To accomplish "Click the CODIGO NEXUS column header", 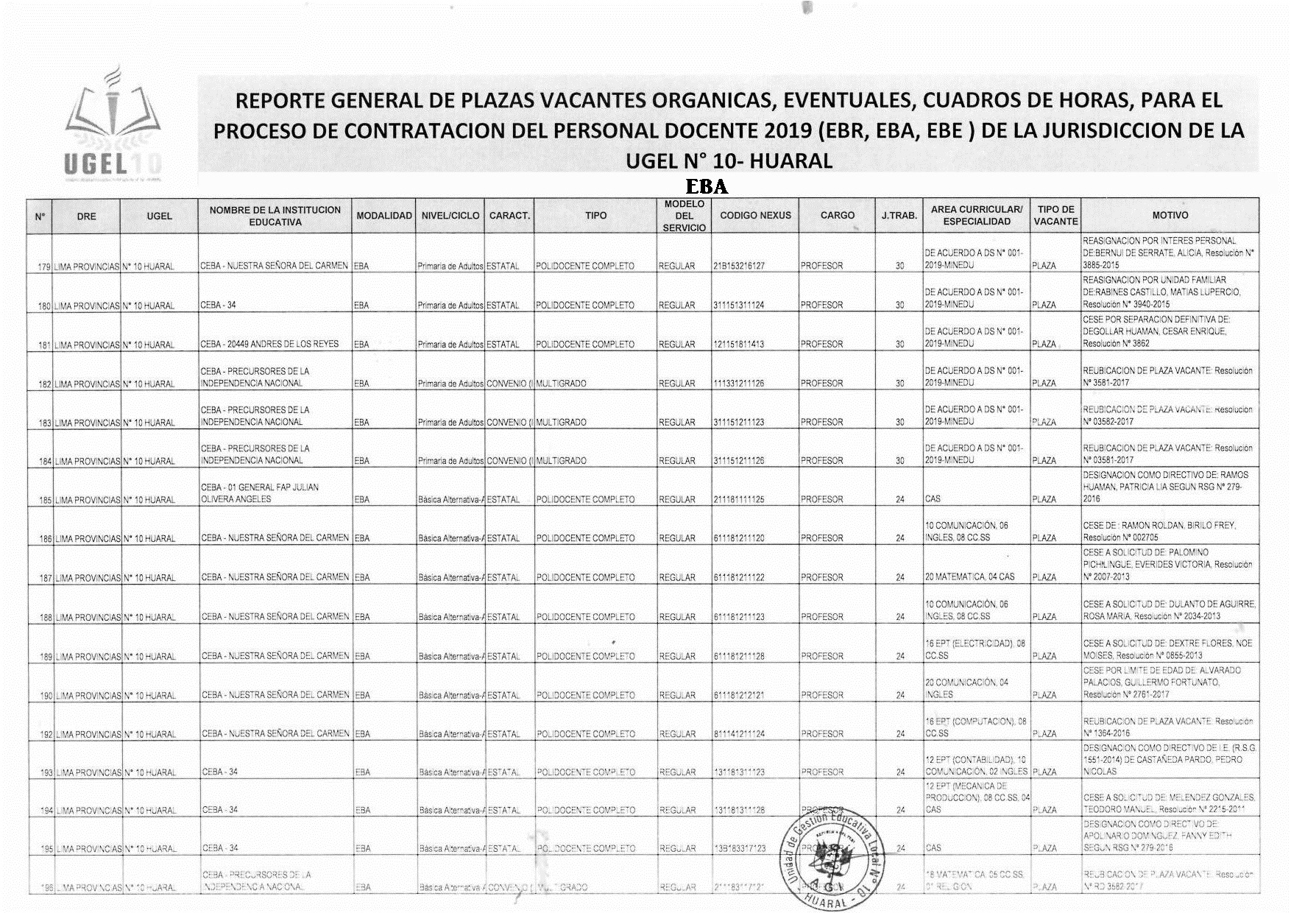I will click(755, 216).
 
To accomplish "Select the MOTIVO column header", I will click(1170, 216).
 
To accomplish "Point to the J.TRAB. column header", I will click(899, 216).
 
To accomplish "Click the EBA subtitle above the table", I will click(707, 186).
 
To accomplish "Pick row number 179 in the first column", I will click(43, 267).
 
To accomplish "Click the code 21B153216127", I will click(738, 266).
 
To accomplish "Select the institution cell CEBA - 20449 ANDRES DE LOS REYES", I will click(269, 344).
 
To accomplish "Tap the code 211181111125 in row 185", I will click(738, 499).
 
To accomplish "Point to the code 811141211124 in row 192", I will click(738, 734).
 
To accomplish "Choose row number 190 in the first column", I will click(45, 696).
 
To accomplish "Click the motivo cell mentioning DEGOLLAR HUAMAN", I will click(1170, 331).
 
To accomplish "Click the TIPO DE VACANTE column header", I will click(1055, 216).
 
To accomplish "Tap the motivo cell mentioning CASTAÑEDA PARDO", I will click(1170, 760).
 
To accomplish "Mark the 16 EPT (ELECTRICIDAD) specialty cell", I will click(975, 649).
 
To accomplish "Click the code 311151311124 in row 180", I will click(738, 305).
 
